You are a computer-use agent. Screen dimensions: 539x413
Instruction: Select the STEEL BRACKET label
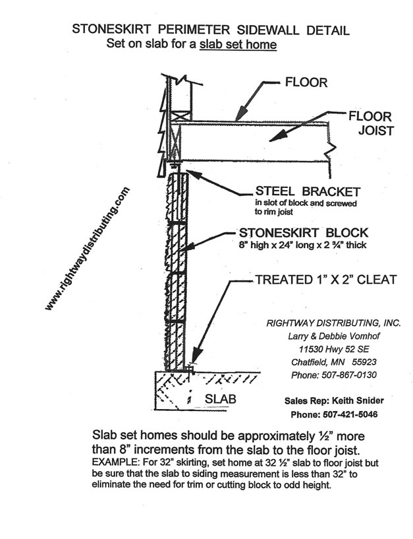(308, 192)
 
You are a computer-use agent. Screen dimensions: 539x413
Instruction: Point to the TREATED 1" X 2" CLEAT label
(325, 280)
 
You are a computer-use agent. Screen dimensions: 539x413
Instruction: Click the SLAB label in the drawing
(220, 399)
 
